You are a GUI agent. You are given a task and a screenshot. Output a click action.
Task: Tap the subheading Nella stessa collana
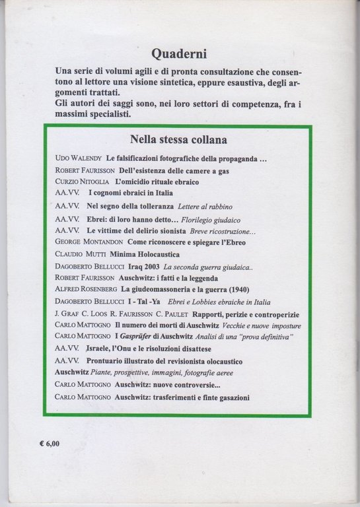click(x=180, y=140)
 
